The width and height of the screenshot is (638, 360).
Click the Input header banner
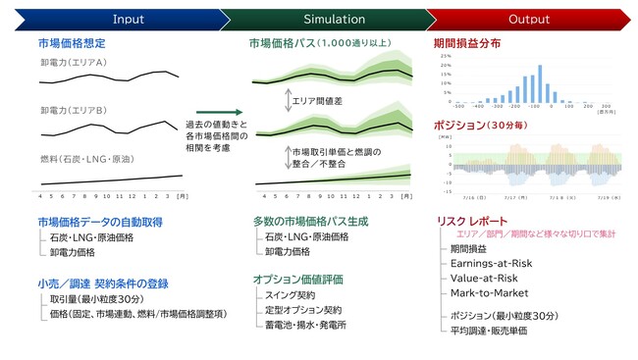pos(128,19)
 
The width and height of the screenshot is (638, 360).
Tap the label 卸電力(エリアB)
pos(74,110)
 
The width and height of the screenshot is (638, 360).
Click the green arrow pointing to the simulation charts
pos(225,112)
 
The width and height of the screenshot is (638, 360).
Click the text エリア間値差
pos(317,100)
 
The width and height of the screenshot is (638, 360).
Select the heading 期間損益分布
pos(466,44)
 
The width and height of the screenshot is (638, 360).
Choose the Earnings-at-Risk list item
pos(492,264)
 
